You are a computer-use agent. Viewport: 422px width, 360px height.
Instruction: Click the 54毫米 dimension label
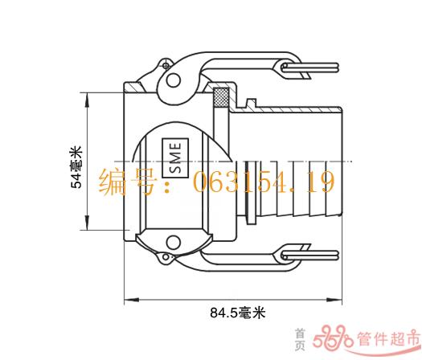[76, 167]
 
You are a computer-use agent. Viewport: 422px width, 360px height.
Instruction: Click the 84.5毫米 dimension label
[238, 313]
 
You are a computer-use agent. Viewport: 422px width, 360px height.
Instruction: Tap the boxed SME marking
[175, 158]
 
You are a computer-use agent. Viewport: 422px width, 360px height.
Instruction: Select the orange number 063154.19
[264, 182]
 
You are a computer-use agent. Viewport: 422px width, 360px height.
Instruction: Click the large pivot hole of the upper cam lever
[174, 80]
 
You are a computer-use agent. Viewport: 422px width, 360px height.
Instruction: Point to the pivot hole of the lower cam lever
[174, 243]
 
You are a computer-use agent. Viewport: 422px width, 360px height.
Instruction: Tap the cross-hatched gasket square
[221, 97]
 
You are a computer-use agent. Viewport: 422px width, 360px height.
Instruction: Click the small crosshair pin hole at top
[166, 65]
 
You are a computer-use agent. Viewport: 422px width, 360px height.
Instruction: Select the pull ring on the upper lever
[309, 67]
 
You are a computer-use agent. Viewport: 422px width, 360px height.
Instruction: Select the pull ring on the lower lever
[309, 255]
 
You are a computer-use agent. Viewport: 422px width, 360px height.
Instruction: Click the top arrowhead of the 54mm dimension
[87, 100]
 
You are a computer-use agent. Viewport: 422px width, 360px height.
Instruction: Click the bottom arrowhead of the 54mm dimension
[87, 223]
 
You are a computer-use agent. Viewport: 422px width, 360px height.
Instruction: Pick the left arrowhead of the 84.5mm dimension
[132, 299]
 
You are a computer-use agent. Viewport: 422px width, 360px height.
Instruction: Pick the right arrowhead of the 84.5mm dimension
[334, 299]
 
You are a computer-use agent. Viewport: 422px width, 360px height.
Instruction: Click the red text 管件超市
[388, 338]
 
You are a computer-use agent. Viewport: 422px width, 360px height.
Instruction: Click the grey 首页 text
[300, 339]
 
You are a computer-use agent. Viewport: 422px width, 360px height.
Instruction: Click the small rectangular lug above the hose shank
[251, 104]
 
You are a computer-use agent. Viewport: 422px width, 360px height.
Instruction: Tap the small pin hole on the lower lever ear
[166, 257]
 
